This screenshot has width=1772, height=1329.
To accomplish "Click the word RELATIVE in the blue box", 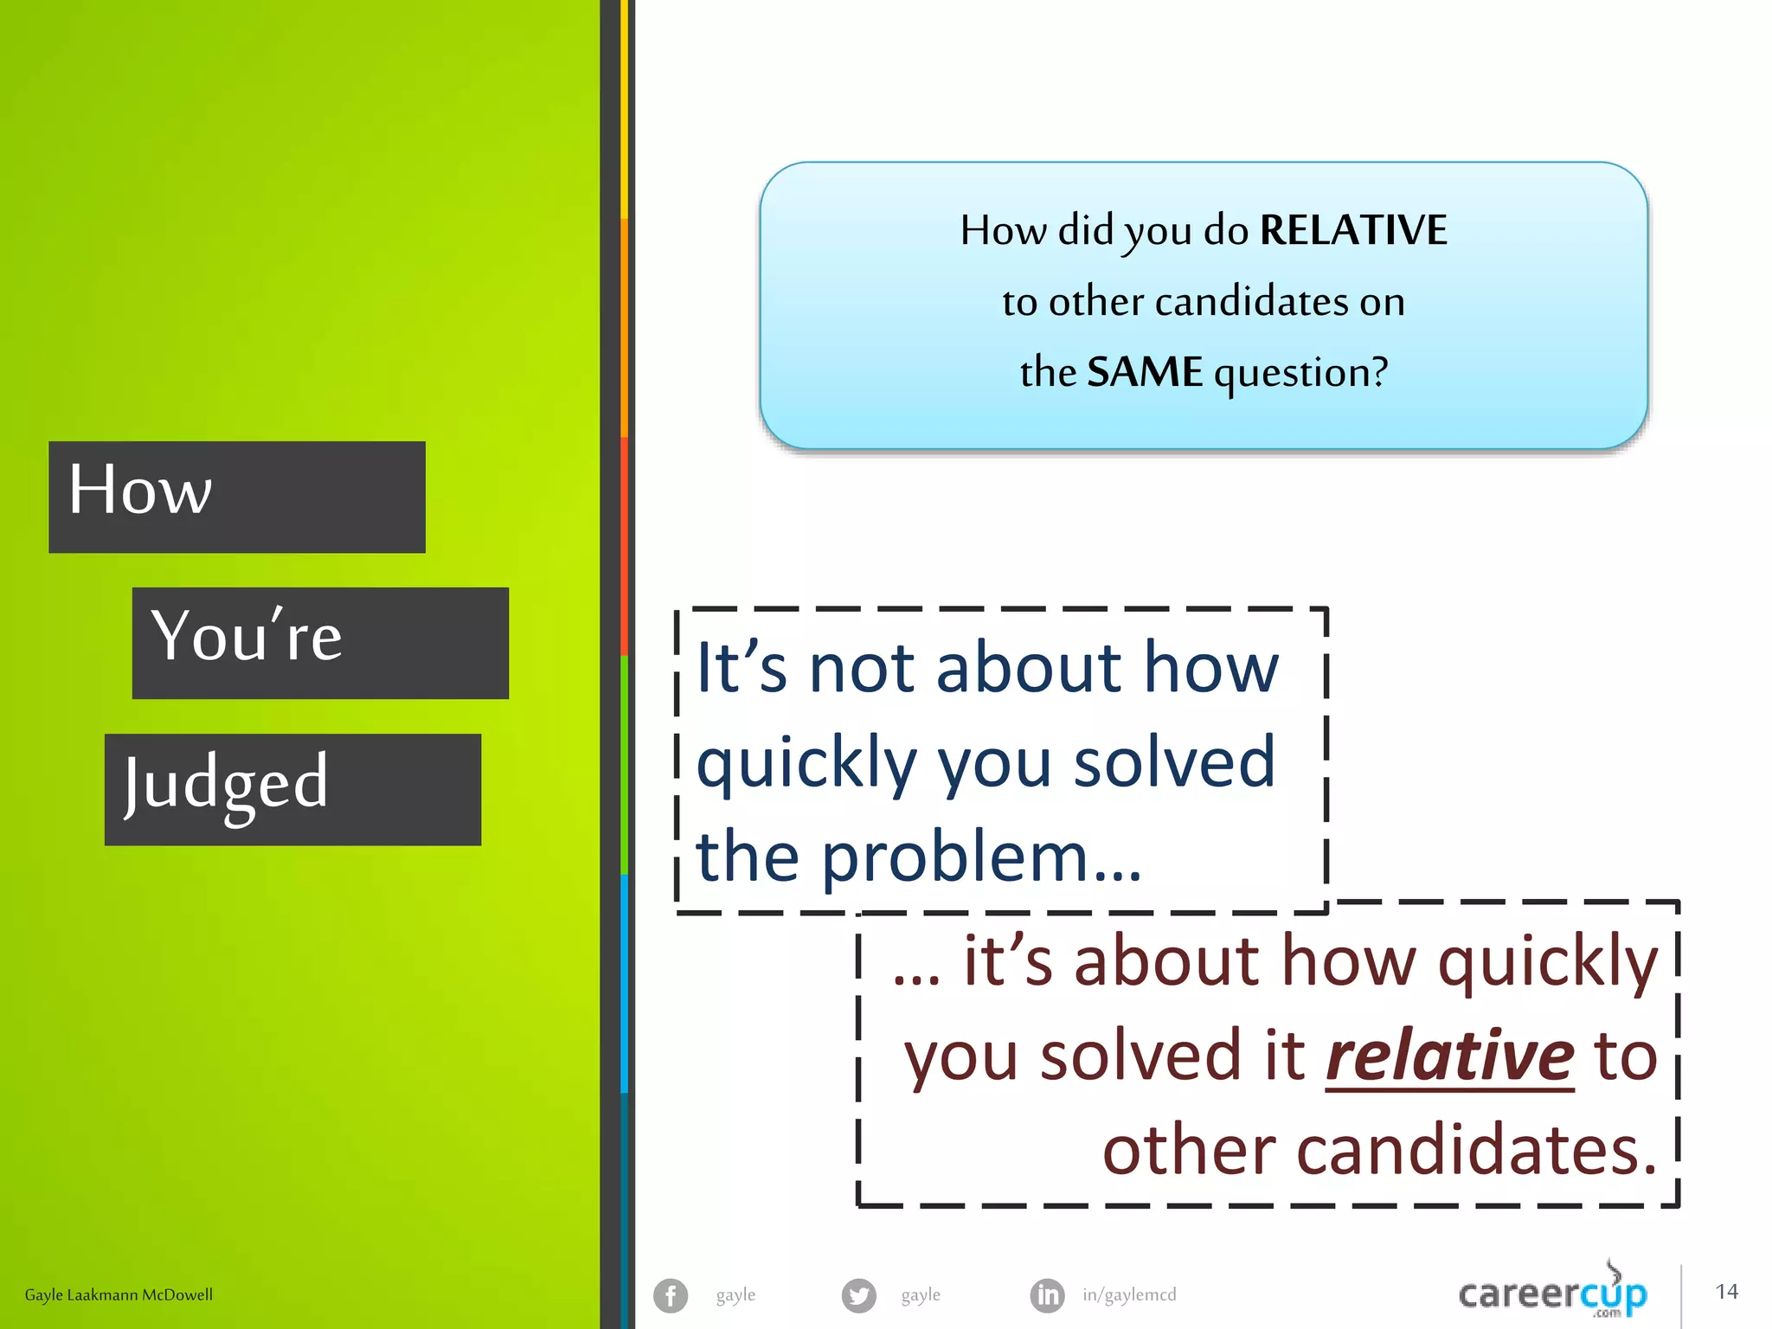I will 1353,230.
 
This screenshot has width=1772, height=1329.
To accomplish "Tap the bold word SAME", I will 1145,372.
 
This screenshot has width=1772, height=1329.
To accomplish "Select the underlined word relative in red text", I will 1449,1056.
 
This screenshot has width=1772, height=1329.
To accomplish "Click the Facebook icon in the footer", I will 671,1295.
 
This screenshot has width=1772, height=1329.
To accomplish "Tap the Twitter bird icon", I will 858,1295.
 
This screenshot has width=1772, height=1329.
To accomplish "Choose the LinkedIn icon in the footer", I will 1047,1295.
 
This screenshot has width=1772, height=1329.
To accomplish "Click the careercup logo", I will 1553,1294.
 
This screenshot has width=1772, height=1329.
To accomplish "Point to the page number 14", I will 1726,1292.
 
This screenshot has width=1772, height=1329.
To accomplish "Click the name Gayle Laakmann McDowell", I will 119,1295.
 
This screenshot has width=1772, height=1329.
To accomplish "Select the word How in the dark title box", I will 140,490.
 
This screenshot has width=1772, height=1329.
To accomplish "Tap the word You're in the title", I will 247,636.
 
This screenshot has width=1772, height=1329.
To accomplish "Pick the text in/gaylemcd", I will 1129,1295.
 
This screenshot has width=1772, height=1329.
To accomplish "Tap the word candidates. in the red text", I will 1379,1151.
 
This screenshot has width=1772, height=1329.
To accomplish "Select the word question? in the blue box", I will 1300,373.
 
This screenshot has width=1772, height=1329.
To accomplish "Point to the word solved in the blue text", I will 1174,762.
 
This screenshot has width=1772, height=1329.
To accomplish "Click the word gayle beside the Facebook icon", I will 735,1295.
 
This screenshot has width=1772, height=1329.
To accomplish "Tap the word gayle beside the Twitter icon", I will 921,1295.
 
